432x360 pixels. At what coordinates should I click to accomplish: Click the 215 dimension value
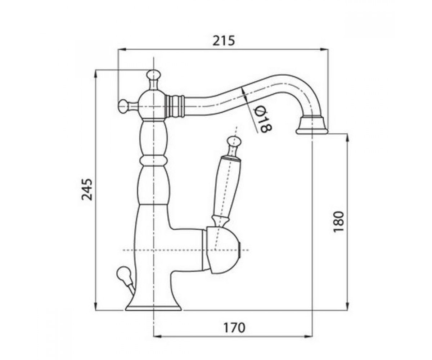point(224,41)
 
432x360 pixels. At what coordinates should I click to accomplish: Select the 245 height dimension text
point(87,189)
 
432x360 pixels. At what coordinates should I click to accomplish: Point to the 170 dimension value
point(234,328)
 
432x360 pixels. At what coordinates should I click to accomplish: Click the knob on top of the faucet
point(153,74)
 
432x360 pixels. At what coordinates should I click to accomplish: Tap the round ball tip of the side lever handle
point(234,141)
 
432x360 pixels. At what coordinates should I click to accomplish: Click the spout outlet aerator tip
point(312,125)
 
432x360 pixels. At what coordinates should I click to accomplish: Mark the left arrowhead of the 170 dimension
point(157,342)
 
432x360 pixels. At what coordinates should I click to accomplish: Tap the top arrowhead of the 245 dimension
point(95,75)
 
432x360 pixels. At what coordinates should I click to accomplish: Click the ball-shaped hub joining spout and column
point(153,106)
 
